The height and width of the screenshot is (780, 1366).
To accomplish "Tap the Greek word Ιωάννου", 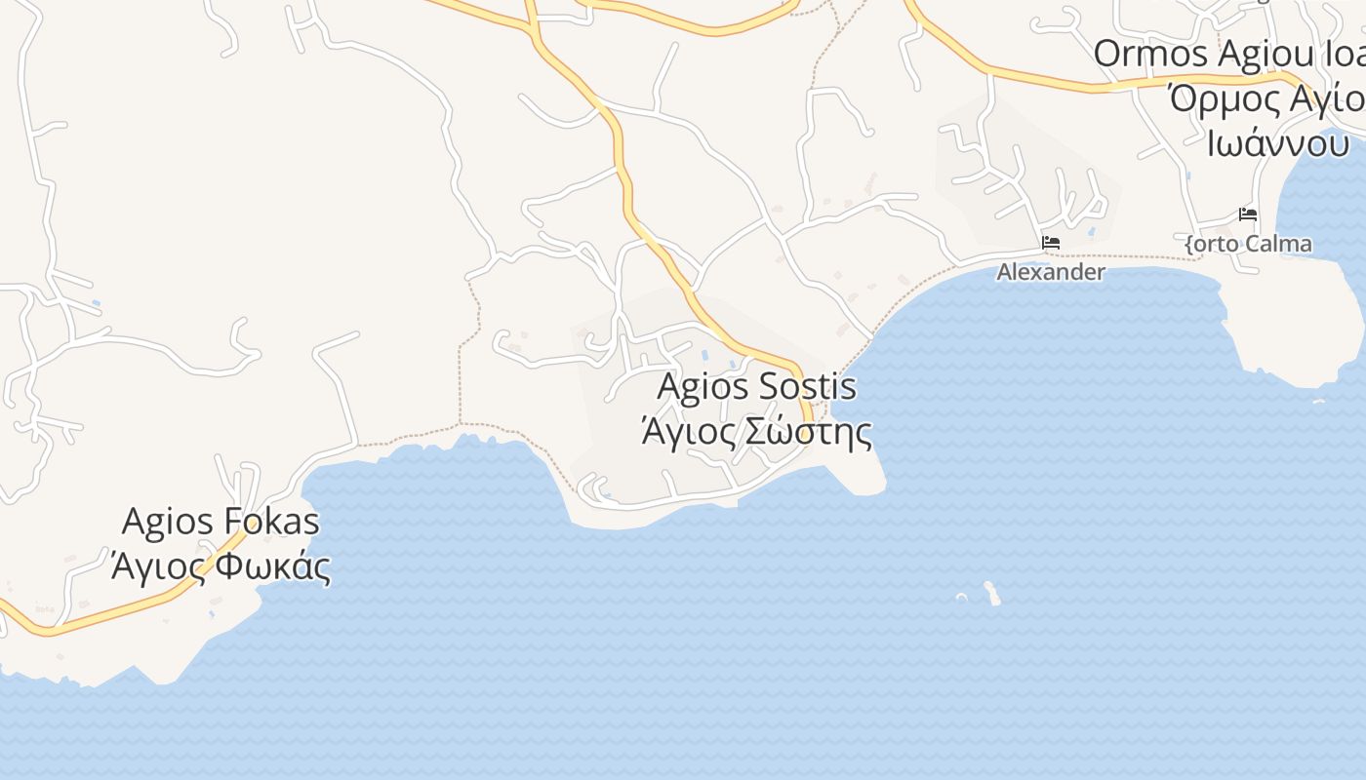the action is click(x=1278, y=143).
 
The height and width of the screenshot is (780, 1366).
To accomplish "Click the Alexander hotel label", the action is click(x=1050, y=272).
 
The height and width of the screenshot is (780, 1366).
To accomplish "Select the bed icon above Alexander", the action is click(x=1050, y=242).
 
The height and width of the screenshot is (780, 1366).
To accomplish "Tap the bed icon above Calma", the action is click(x=1247, y=214).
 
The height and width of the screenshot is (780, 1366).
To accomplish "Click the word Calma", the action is click(x=1277, y=244).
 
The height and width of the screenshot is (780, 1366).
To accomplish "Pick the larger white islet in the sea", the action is click(x=992, y=593).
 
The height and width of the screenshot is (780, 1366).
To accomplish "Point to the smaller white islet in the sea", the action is click(x=961, y=597).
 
